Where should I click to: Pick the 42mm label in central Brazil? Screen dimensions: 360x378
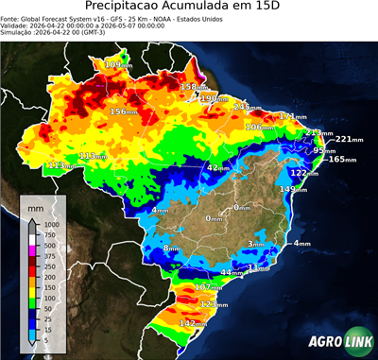pyautogui.click(x=219, y=167)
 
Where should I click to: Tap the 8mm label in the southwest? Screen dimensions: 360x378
pyautogui.click(x=172, y=249)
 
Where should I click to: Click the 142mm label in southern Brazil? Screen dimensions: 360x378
pyautogui.click(x=195, y=323)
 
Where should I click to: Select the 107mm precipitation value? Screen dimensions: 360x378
pyautogui.click(x=210, y=286)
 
